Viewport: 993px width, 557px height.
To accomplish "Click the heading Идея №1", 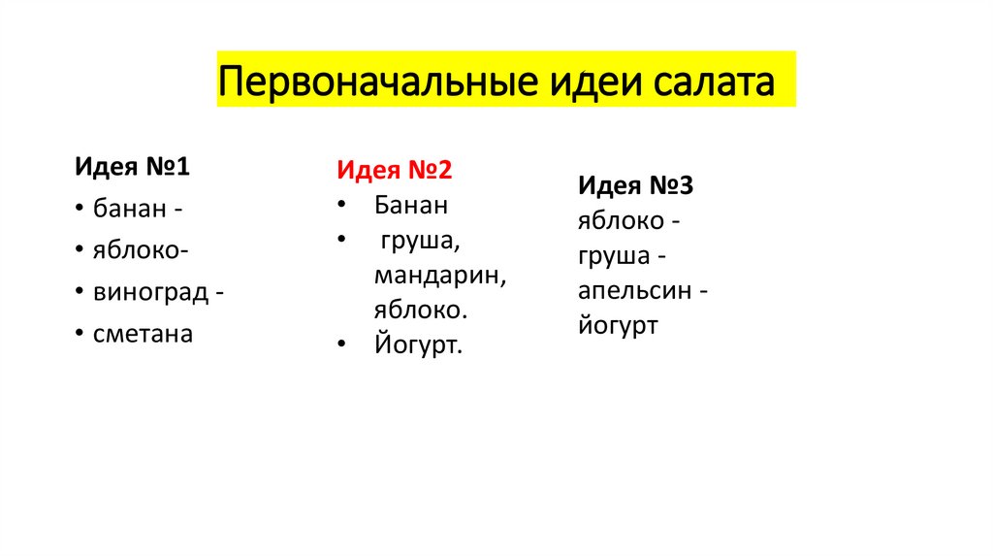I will click(132, 167).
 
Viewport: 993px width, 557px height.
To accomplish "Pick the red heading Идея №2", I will click(395, 170).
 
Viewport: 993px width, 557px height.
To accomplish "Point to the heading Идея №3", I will click(636, 184).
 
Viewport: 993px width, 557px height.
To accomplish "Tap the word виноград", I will click(151, 292).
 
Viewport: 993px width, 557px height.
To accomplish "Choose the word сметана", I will click(144, 334).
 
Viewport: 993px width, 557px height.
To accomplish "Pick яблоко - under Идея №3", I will click(622, 220).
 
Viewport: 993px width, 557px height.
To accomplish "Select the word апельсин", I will click(636, 291).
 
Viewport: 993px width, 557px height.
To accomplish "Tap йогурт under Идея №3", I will click(618, 325).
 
